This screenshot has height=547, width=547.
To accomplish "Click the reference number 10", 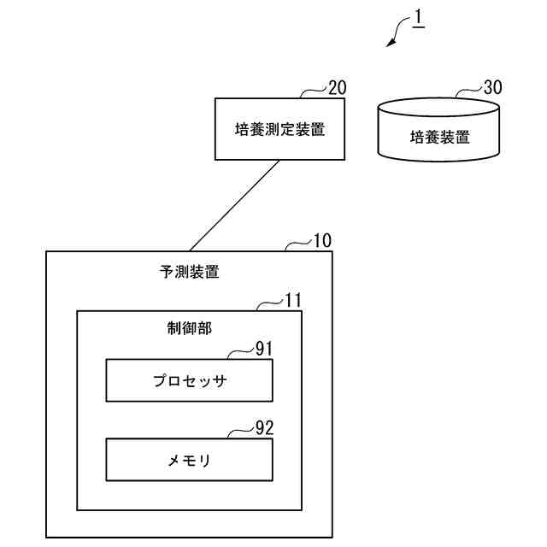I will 323,242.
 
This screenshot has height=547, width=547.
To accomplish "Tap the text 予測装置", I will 189,273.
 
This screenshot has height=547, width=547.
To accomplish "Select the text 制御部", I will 189,328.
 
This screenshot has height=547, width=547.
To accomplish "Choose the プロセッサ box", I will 189,380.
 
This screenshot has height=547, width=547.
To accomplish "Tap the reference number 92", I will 265,427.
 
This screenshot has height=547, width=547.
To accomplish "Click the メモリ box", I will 189,460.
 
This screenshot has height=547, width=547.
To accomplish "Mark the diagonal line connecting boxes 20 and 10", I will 235,205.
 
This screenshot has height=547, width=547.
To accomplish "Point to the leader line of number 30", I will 468,91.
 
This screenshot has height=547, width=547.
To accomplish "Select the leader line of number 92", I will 241,431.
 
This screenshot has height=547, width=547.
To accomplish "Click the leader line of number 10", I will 299,244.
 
